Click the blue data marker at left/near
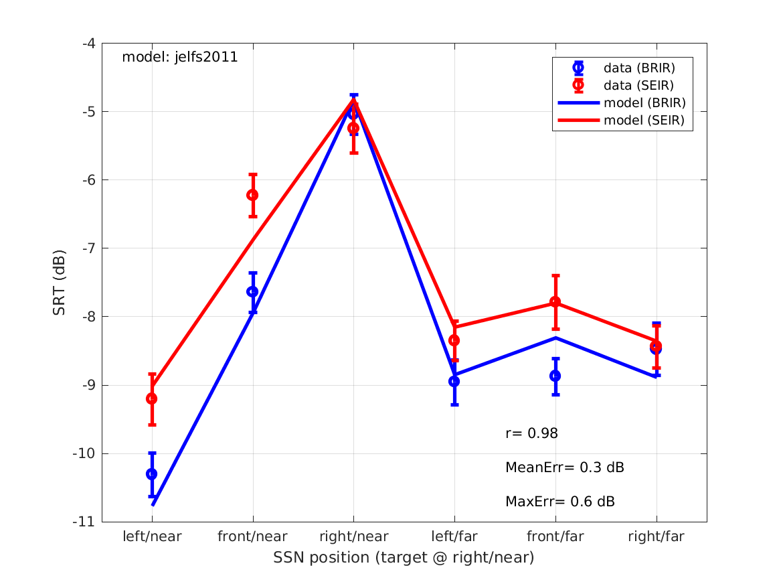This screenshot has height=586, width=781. tap(152, 473)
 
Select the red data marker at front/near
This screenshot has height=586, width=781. tap(252, 195)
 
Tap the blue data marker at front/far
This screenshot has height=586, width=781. tap(555, 376)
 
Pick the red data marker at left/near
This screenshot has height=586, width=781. tap(152, 398)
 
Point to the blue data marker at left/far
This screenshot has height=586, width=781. tap(454, 381)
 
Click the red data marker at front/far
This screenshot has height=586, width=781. tap(555, 302)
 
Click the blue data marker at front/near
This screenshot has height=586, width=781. tap(252, 291)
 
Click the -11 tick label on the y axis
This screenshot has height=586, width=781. tap(85, 522)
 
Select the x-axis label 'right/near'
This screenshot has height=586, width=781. tap(353, 536)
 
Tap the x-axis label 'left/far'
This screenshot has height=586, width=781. tap(454, 536)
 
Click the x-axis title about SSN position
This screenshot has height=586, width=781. tap(404, 558)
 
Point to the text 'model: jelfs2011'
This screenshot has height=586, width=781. tap(179, 58)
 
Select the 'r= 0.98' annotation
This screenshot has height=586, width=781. tap(531, 434)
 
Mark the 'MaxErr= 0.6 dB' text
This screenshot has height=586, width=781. tap(559, 501)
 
